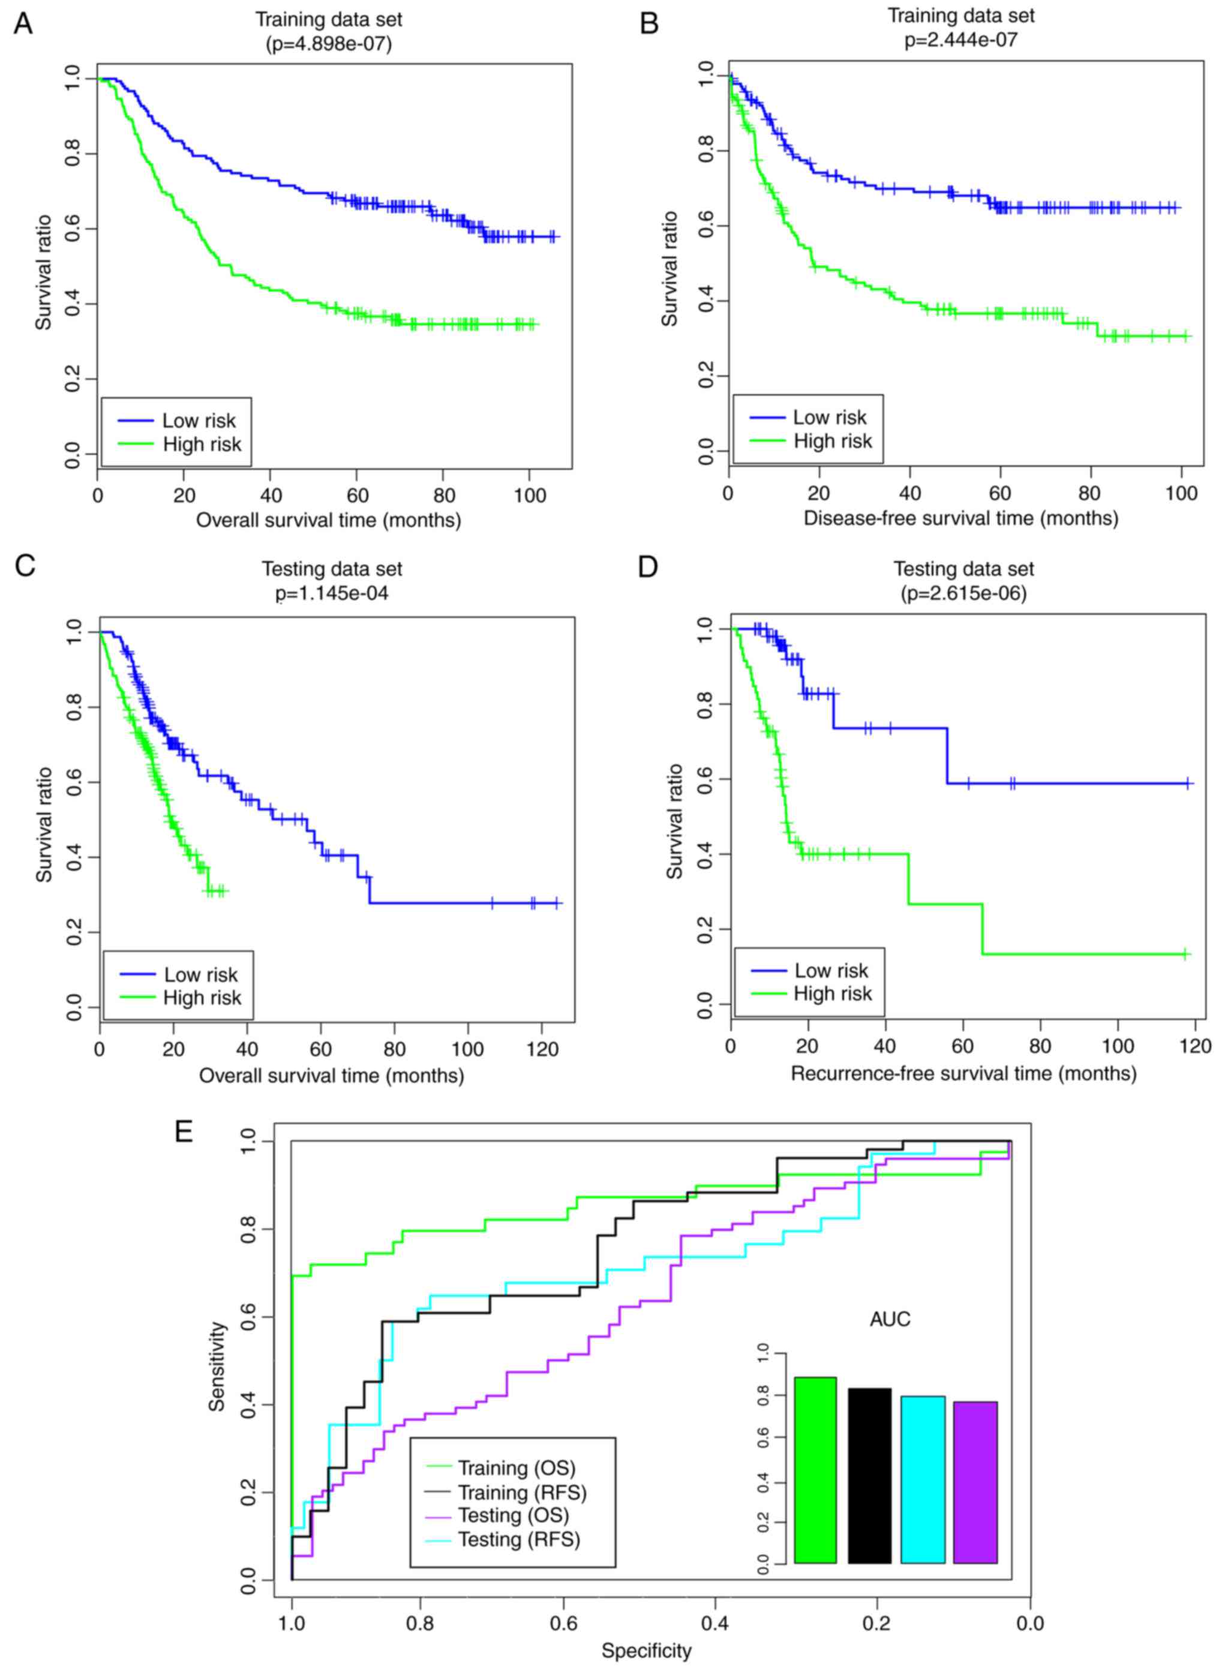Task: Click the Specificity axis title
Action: point(647,1650)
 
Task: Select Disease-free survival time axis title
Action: point(960,518)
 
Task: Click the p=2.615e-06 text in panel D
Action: point(963,593)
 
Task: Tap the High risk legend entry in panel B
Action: point(832,440)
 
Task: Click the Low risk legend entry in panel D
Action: point(831,970)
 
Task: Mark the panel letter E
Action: point(184,1130)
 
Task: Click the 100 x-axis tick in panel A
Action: point(529,495)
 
